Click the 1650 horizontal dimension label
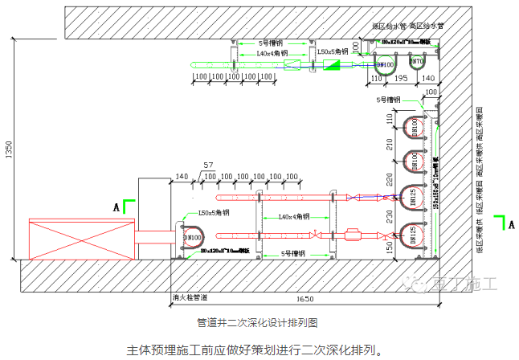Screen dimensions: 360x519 click(303, 299)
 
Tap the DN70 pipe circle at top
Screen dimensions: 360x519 click(416, 62)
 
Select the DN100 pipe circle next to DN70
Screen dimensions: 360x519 click(386, 63)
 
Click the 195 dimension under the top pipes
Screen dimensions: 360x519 click(402, 79)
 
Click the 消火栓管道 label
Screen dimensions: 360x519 click(190, 297)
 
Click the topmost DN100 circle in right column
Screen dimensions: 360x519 click(412, 129)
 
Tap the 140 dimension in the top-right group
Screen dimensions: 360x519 click(428, 79)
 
